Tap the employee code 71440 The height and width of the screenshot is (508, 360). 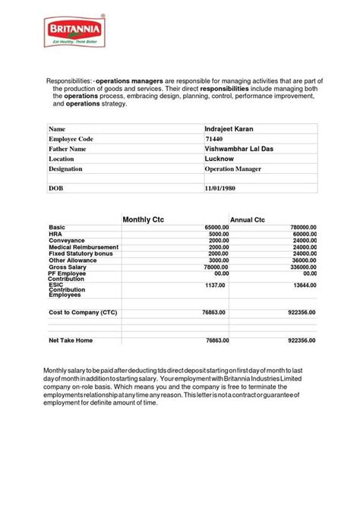tap(214, 139)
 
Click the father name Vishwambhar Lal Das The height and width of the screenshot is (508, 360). tap(239, 149)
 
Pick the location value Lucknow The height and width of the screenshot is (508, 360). tap(219, 159)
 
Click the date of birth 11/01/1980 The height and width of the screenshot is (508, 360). tap(223, 187)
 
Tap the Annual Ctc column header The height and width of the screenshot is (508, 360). tap(247, 219)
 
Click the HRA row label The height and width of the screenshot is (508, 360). tap(55, 234)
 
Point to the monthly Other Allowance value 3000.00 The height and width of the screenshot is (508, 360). tap(218, 260)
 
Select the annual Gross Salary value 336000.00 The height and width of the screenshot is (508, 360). tap(301, 267)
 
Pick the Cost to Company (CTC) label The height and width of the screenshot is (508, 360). tap(83, 312)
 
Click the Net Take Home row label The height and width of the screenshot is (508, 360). tap(71, 340)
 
